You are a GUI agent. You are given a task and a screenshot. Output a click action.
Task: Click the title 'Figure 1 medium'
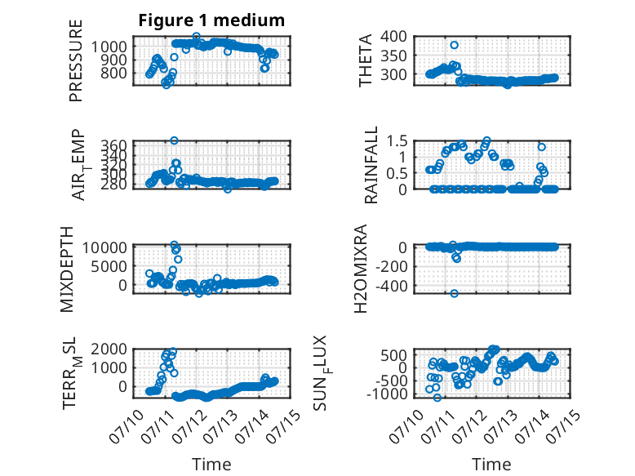tap(211, 20)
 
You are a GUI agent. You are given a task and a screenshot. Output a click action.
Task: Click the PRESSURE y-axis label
tap(76, 60)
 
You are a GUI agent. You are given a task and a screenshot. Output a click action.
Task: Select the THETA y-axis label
tap(366, 60)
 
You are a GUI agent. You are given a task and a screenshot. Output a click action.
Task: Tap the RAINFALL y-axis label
tap(371, 164)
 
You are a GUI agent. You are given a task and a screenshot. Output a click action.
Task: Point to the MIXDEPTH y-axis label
tap(67, 269)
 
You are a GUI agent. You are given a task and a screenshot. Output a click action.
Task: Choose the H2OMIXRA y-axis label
tap(361, 269)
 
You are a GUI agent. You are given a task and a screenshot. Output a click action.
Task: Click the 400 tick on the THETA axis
tap(393, 37)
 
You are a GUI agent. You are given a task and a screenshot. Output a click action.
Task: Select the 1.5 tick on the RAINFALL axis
tap(397, 141)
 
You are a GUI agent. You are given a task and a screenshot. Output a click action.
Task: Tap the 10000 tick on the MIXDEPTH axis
tap(105, 247)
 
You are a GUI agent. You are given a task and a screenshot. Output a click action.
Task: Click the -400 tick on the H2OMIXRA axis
tap(391, 286)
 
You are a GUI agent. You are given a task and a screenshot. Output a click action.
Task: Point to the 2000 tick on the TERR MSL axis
tap(109, 349)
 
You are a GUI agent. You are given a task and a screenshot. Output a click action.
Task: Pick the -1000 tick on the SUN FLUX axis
tap(387, 394)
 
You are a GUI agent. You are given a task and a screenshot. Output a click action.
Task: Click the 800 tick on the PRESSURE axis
tap(113, 73)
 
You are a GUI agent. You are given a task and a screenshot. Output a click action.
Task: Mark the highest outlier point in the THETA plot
tap(454, 45)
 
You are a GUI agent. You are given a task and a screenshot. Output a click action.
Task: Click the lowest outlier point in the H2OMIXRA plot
tap(454, 293)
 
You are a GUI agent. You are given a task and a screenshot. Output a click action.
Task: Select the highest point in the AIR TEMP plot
tap(174, 140)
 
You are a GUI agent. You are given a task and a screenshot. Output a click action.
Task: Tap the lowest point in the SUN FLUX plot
tap(437, 398)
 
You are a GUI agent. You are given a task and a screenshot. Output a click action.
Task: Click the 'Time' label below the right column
tap(491, 465)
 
